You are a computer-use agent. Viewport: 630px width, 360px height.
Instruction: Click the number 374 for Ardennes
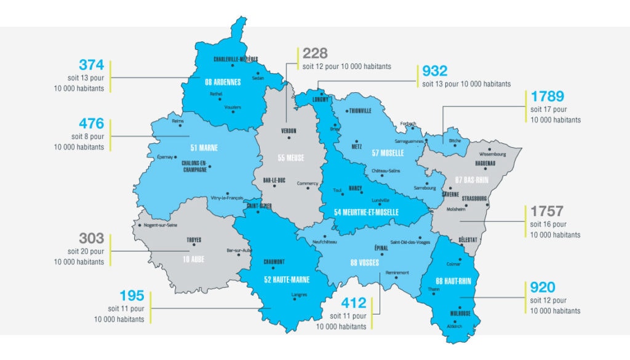tap(92, 65)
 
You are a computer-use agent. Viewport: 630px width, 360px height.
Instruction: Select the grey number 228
tap(315, 54)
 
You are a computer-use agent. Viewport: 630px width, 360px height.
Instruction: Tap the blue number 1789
tap(547, 97)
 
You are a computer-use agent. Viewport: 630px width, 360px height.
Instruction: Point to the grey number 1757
tap(547, 212)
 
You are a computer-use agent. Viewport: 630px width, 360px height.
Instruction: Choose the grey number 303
tap(92, 239)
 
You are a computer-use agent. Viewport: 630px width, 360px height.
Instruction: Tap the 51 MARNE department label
tap(204, 148)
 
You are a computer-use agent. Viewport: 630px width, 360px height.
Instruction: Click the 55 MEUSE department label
tap(290, 158)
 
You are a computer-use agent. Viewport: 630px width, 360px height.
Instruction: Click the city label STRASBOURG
tap(474, 199)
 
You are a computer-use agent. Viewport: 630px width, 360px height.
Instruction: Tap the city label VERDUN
tap(289, 131)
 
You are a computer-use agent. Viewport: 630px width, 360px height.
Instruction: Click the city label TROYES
tap(194, 240)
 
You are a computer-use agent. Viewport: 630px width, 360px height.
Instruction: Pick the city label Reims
tap(177, 122)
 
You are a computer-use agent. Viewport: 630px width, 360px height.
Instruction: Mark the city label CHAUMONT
tap(274, 262)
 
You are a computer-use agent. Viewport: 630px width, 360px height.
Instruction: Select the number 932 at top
tap(435, 71)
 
